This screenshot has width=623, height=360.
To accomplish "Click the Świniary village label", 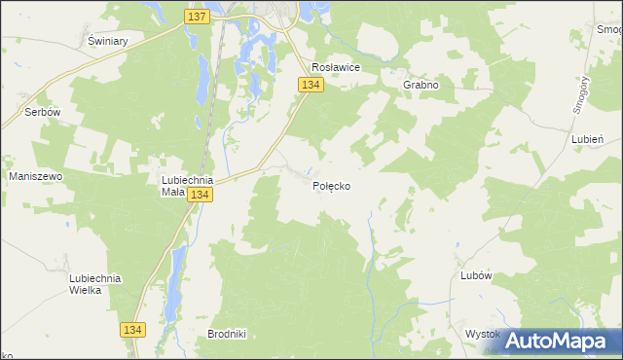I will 109,42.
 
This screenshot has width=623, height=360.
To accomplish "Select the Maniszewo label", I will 35,176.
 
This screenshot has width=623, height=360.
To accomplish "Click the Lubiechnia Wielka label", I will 94,284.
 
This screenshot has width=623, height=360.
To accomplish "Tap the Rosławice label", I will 336,67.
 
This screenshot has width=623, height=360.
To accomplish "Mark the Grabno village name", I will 421,85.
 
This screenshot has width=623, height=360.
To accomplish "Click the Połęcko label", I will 332,186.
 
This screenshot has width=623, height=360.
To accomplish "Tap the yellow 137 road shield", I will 196,17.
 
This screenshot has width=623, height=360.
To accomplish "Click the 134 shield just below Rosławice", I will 311,86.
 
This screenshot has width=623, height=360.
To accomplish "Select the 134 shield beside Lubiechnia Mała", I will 200,196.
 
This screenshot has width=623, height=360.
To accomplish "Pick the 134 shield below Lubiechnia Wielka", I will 135,331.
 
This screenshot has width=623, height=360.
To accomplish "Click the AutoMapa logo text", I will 568,342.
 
